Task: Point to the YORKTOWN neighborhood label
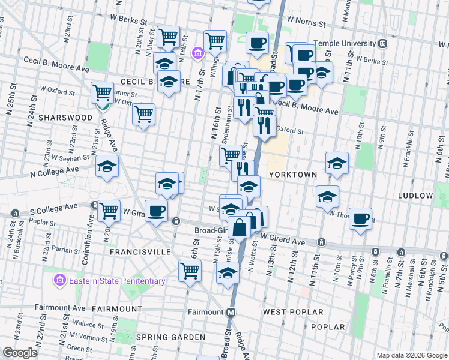pyautogui.click(x=292, y=173)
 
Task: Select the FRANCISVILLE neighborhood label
pyautogui.click(x=140, y=253)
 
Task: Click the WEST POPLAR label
pyautogui.click(x=293, y=312)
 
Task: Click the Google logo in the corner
pyautogui.click(x=20, y=353)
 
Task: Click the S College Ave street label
pyautogui.click(x=53, y=206)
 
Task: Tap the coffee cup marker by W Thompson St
pyautogui.click(x=360, y=218)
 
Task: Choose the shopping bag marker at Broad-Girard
pyautogui.click(x=239, y=228)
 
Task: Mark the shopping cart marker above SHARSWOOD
pyautogui.click(x=103, y=92)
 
